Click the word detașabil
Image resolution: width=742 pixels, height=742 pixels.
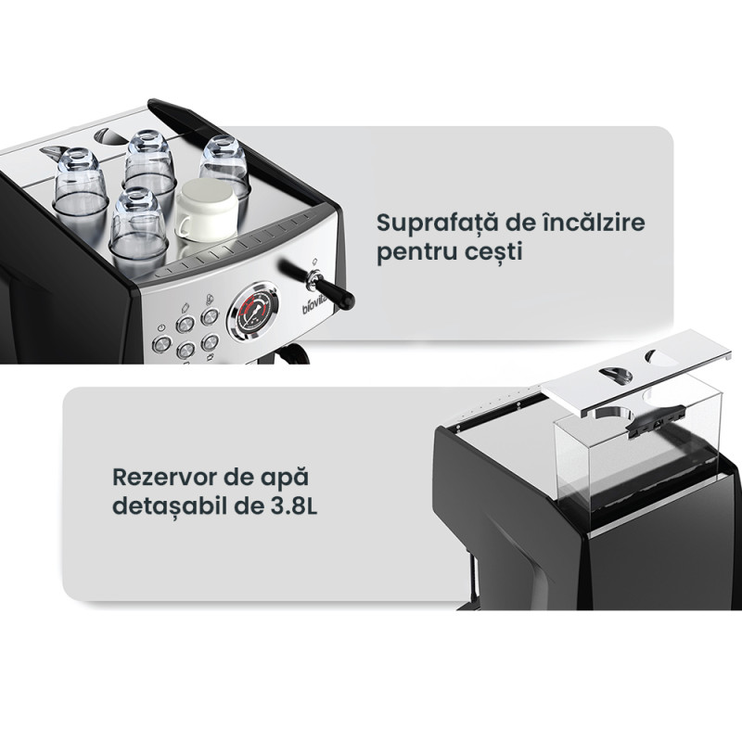(170, 506)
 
